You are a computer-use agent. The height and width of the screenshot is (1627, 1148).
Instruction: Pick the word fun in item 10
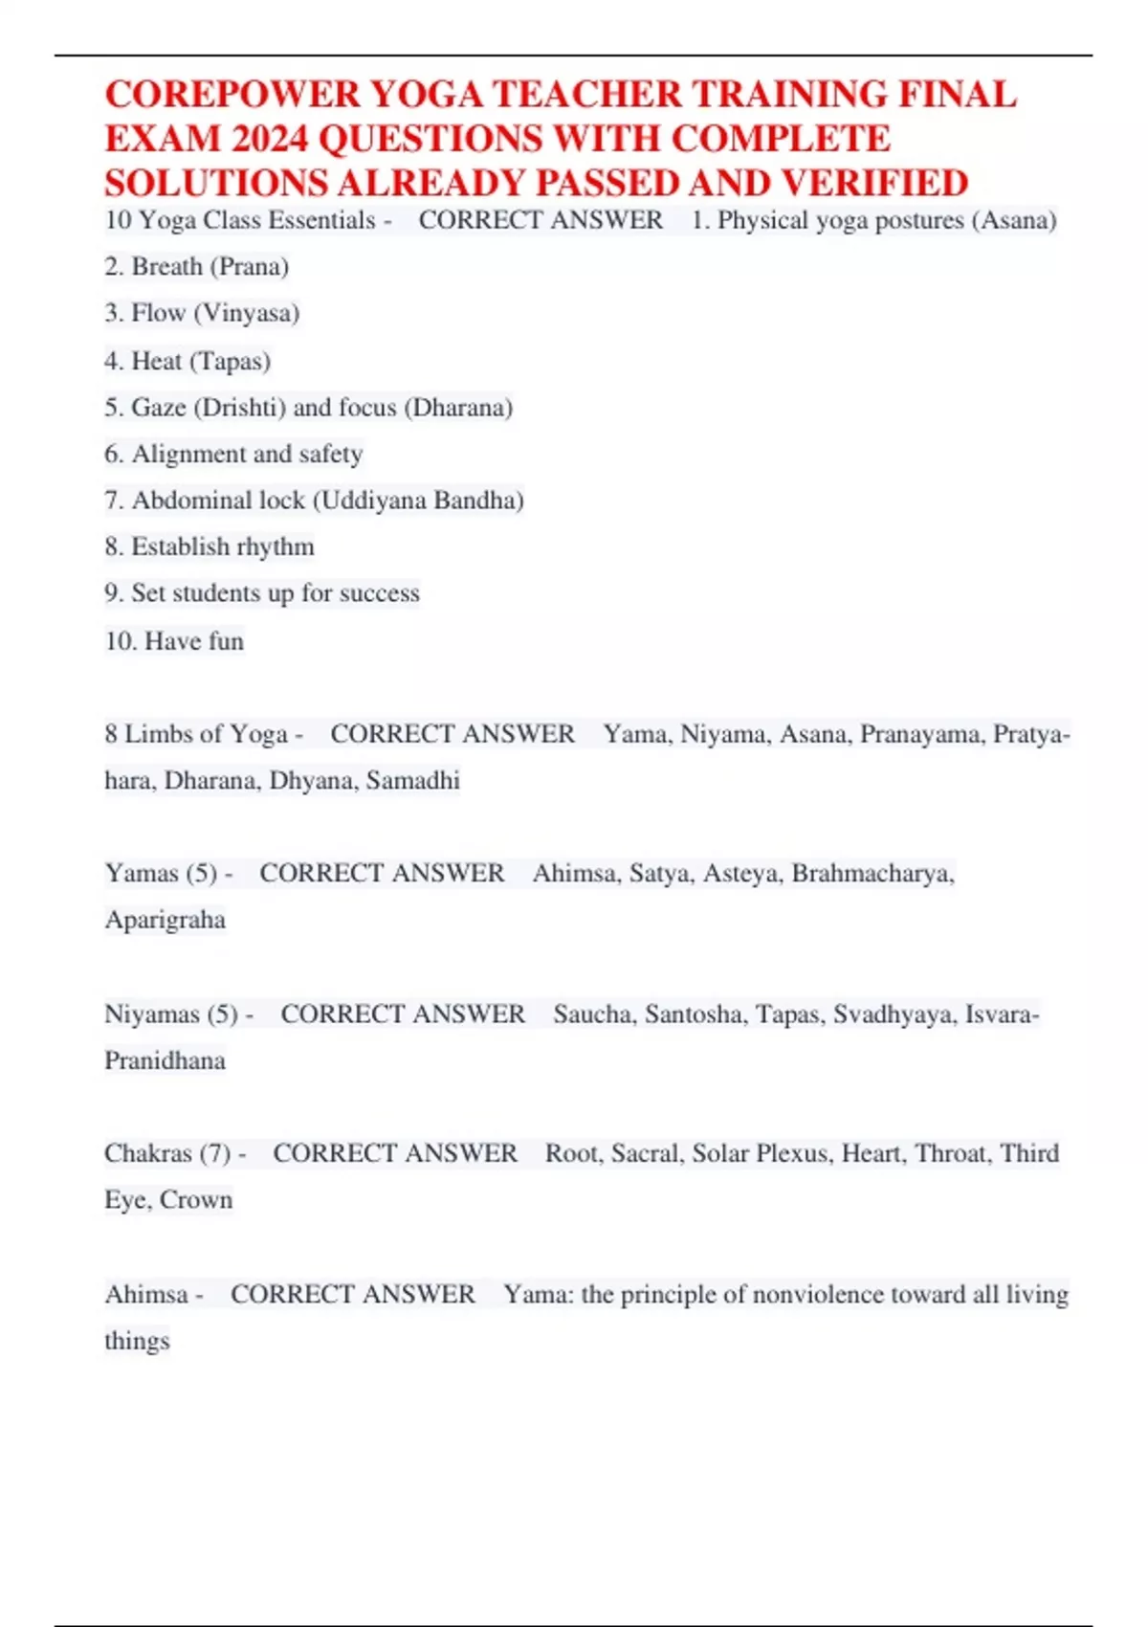pyautogui.click(x=226, y=640)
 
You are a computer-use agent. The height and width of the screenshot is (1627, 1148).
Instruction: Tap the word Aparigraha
pyautogui.click(x=165, y=920)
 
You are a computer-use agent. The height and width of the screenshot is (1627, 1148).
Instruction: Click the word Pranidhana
pyautogui.click(x=165, y=1060)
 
